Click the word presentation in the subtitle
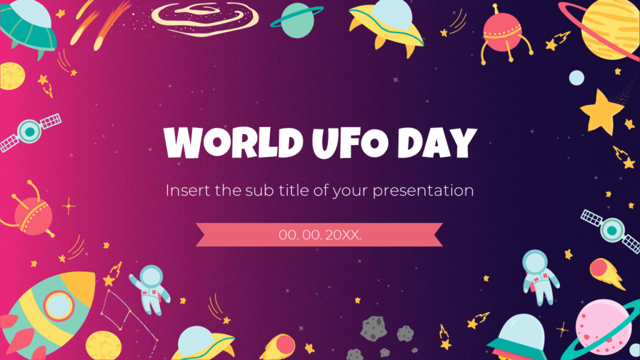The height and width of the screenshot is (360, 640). coord(423,191)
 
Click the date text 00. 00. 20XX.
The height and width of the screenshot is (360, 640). coord(320,235)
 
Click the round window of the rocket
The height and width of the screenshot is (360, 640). coord(57,304)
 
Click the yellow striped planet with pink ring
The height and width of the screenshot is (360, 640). coord(609,28)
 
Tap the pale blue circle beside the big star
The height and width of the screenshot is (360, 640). coord(576,78)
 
